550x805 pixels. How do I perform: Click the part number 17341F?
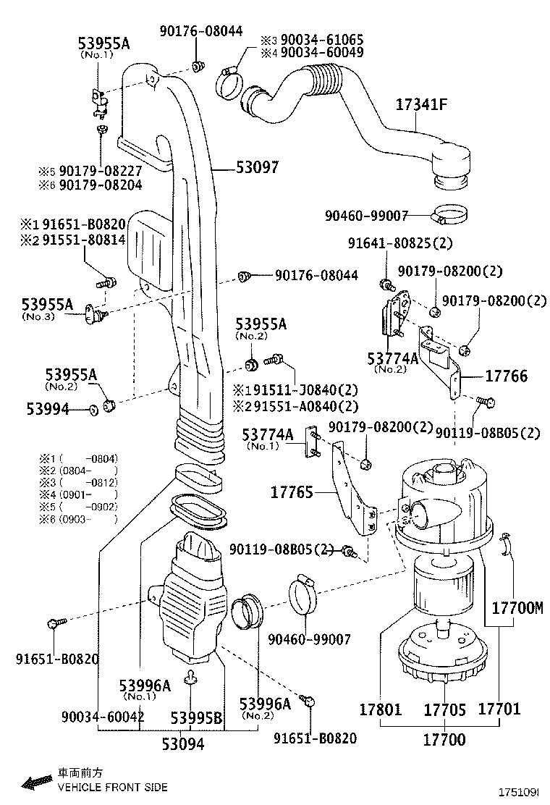(421, 104)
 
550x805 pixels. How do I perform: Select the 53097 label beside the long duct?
(257, 167)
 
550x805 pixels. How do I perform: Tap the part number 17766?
(506, 376)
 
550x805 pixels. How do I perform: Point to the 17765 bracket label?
(292, 492)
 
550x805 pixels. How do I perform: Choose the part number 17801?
(380, 709)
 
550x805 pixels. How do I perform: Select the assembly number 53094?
(182, 743)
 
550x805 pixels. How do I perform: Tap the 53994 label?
(48, 410)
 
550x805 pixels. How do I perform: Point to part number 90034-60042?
(103, 717)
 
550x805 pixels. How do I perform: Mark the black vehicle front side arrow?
(35, 782)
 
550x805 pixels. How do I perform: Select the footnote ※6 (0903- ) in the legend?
(78, 519)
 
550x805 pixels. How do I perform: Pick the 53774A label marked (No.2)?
(392, 358)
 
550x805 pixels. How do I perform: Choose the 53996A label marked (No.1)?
(145, 685)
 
